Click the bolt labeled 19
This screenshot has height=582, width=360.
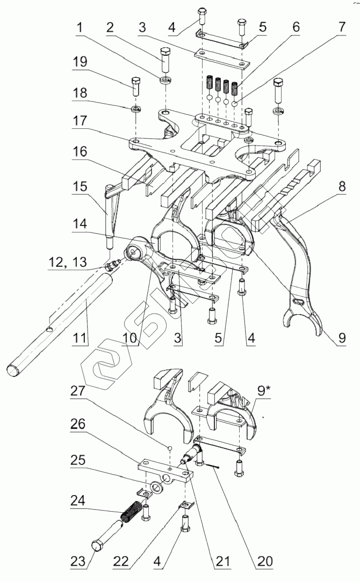click(135, 86)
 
